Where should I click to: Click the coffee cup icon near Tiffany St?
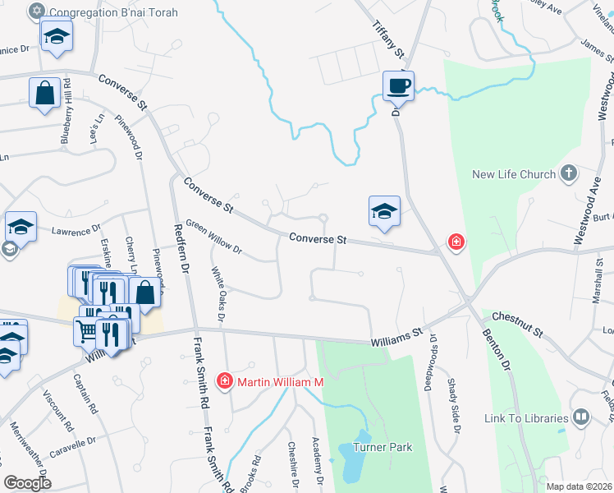click(x=398, y=85)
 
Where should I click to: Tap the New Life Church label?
click(x=515, y=174)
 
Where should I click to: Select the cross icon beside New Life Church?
click(x=568, y=173)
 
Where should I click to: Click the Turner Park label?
click(x=383, y=448)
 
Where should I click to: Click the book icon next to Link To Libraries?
click(x=581, y=417)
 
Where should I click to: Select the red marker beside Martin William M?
click(x=224, y=381)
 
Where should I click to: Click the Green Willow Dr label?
click(x=213, y=236)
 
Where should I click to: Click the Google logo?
click(x=27, y=483)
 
